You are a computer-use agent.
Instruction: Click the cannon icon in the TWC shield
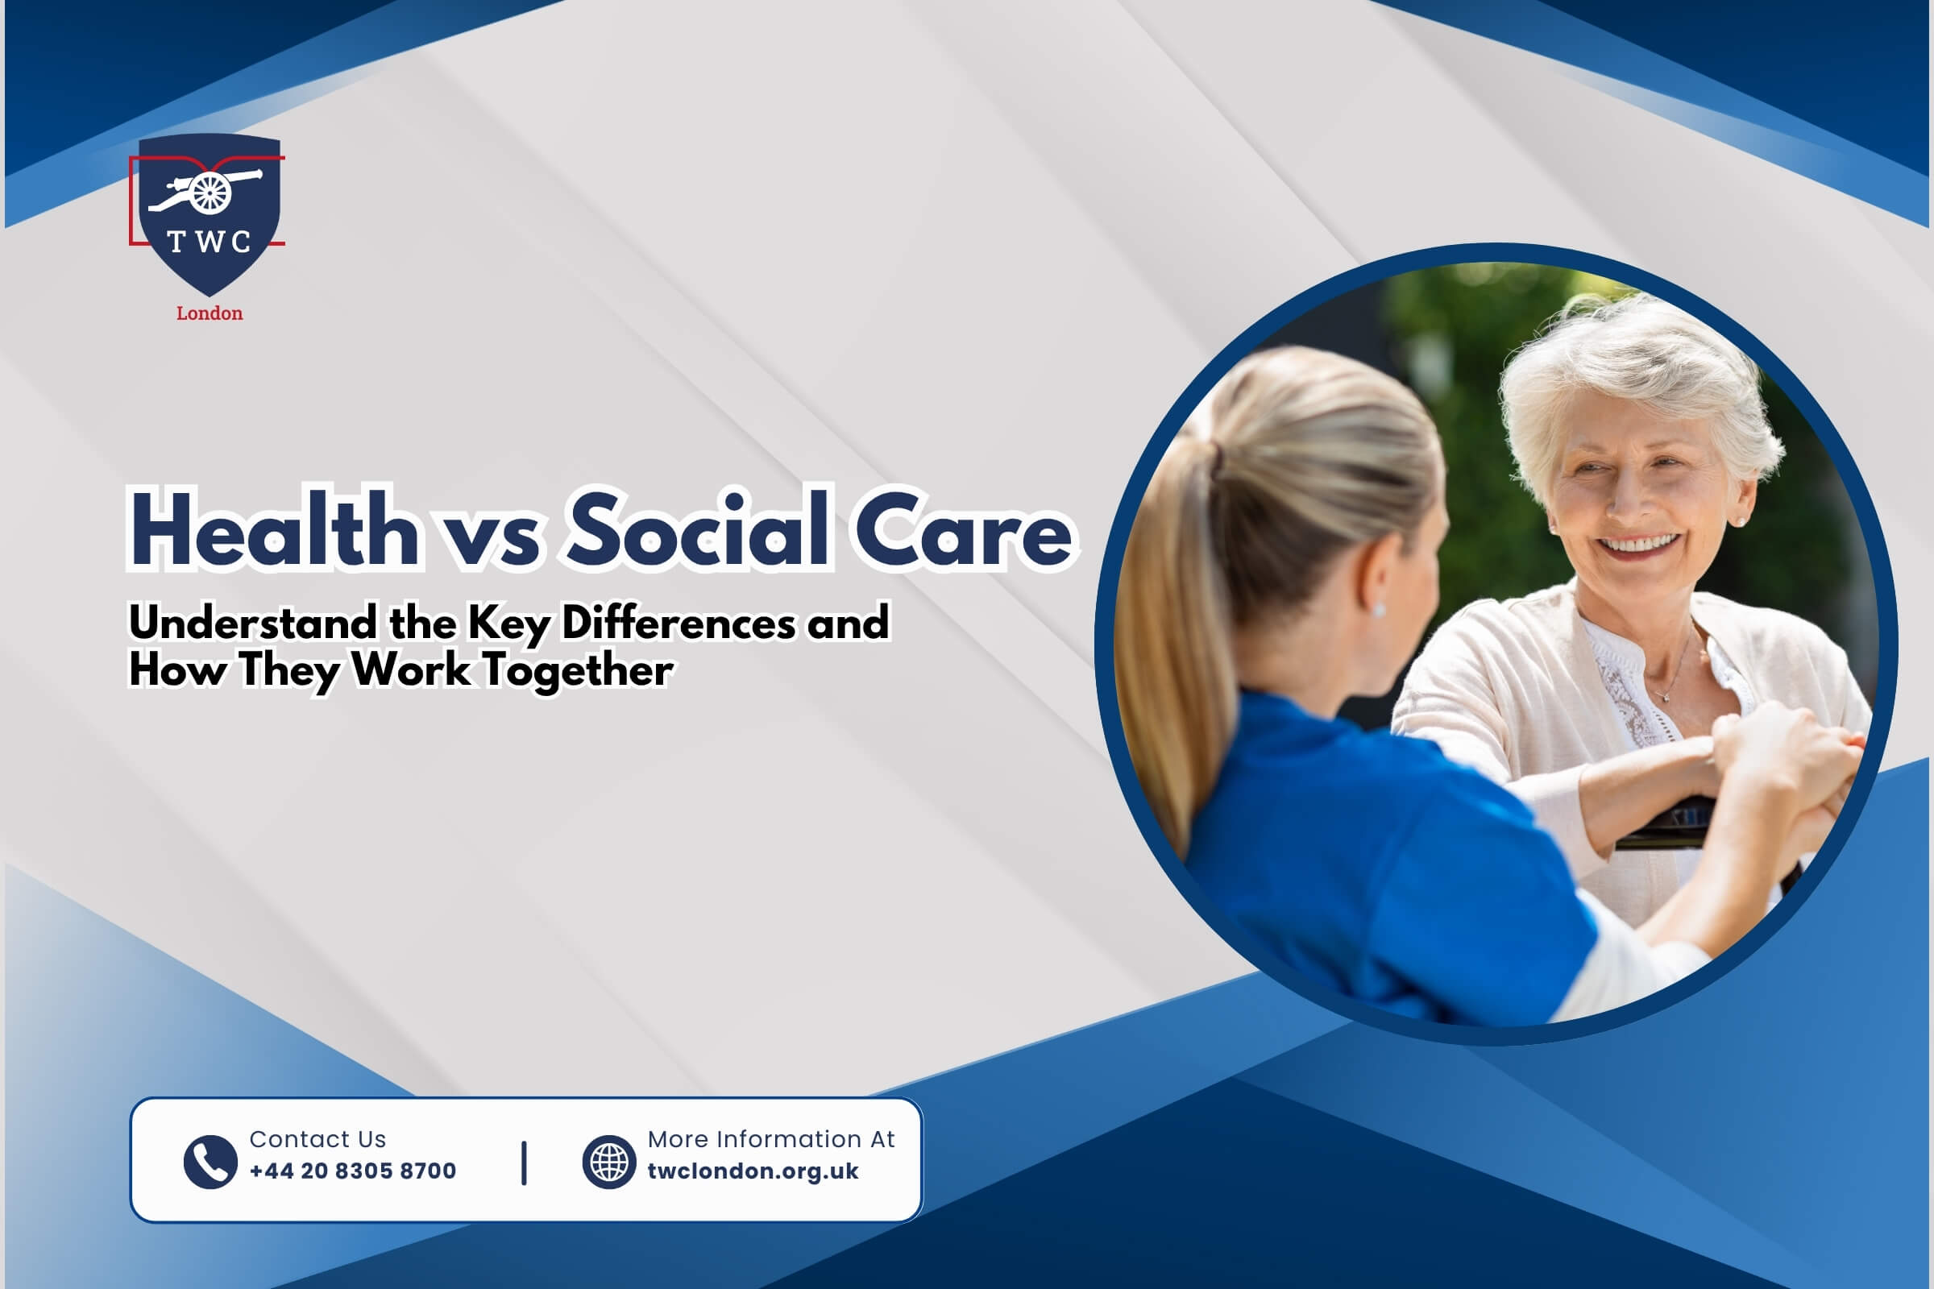[x=205, y=192]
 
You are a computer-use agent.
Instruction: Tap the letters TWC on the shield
[x=209, y=242]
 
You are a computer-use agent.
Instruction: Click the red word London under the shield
[x=210, y=313]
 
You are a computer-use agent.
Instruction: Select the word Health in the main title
[x=275, y=528]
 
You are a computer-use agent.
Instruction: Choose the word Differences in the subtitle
[x=679, y=622]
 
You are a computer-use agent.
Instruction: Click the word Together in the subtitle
[x=577, y=670]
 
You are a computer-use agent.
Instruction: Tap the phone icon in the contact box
[x=210, y=1162]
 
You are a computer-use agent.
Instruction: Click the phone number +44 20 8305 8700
[x=353, y=1171]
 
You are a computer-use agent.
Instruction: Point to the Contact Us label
[x=317, y=1138]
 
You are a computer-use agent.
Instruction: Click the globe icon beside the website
[x=608, y=1162]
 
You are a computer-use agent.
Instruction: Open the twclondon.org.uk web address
[x=753, y=1171]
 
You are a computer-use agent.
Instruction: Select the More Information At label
[x=771, y=1138]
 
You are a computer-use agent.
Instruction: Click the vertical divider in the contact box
[x=524, y=1163]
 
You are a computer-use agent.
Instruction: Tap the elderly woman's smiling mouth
[x=1639, y=545]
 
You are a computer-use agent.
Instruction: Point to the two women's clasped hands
[x=1784, y=765]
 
